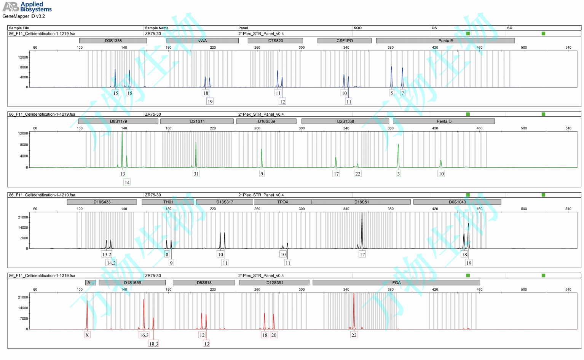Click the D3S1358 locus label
pos(113,41)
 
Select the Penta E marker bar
pos(445,41)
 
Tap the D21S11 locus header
pos(197,121)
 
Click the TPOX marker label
pos(282,202)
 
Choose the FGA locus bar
pos(396,283)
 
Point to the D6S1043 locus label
pos(457,202)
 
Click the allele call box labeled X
pos(87,335)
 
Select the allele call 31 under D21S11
pos(196,174)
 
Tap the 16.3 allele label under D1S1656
pos(144,335)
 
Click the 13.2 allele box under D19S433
pos(107,255)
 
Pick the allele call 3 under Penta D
pos(398,174)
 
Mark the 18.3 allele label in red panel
pos(153,344)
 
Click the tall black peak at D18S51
pos(362,228)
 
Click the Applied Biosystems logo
pos(27,6)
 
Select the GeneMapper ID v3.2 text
pos(24,16)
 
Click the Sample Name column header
pos(156,28)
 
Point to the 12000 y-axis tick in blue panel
pos(23,57)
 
